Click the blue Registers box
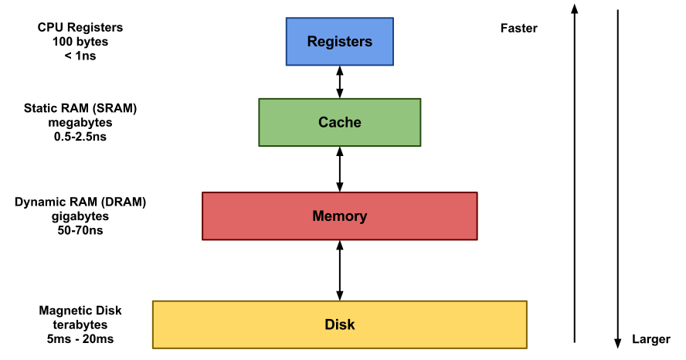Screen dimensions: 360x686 (x=339, y=42)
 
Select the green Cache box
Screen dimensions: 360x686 (x=339, y=122)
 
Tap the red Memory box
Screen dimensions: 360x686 (x=339, y=216)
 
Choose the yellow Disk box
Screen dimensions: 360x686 (x=339, y=324)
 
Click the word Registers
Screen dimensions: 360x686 (x=339, y=42)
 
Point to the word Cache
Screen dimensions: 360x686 (x=339, y=122)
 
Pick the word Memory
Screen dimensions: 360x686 (x=339, y=216)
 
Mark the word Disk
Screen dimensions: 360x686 (x=339, y=324)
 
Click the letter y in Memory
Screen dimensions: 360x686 (x=363, y=218)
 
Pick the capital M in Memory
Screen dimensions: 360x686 (x=318, y=216)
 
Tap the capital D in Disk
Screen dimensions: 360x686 (x=329, y=324)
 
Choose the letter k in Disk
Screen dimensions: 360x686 (x=351, y=324)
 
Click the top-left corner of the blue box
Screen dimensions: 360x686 (x=287, y=19)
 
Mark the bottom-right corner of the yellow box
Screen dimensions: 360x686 (x=526, y=348)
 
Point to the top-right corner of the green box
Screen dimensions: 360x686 (x=420, y=99)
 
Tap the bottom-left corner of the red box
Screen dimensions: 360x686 (x=203, y=239)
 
